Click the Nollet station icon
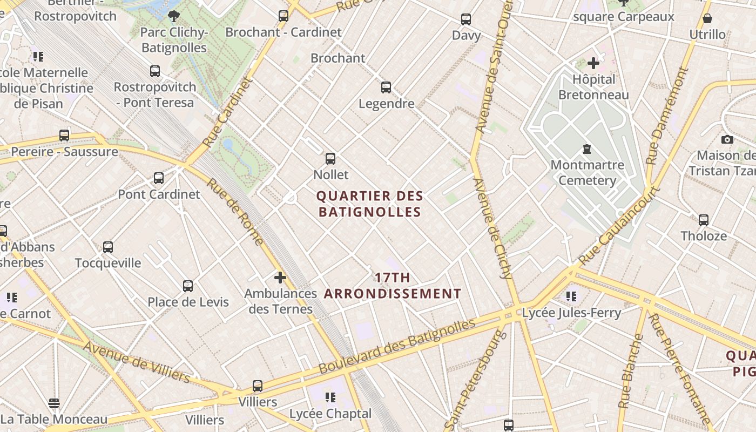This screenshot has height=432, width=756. click(x=330, y=159)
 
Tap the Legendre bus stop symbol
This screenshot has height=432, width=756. click(x=386, y=87)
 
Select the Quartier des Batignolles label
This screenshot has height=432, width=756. click(x=370, y=204)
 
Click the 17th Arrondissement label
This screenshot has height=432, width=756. click(x=393, y=286)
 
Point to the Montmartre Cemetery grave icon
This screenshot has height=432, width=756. click(x=587, y=149)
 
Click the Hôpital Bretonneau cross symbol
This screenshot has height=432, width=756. click(x=593, y=63)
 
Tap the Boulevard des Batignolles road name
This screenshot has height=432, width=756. click(x=397, y=346)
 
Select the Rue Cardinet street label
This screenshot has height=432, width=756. click(x=228, y=112)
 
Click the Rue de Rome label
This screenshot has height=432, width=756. click(x=234, y=212)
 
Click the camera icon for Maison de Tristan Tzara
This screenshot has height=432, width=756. click(x=727, y=140)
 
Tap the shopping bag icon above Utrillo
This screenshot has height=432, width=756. click(x=707, y=19)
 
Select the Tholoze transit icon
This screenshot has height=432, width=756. click(x=704, y=220)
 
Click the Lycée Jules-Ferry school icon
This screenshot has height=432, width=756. click(x=571, y=296)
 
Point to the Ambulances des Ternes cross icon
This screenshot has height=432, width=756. click(x=280, y=278)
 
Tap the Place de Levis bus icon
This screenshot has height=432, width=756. click(x=188, y=286)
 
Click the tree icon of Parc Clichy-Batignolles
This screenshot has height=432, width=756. click(x=173, y=16)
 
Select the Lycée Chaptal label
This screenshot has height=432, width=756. click(x=330, y=414)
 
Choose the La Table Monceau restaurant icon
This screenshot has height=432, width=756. click(x=54, y=403)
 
